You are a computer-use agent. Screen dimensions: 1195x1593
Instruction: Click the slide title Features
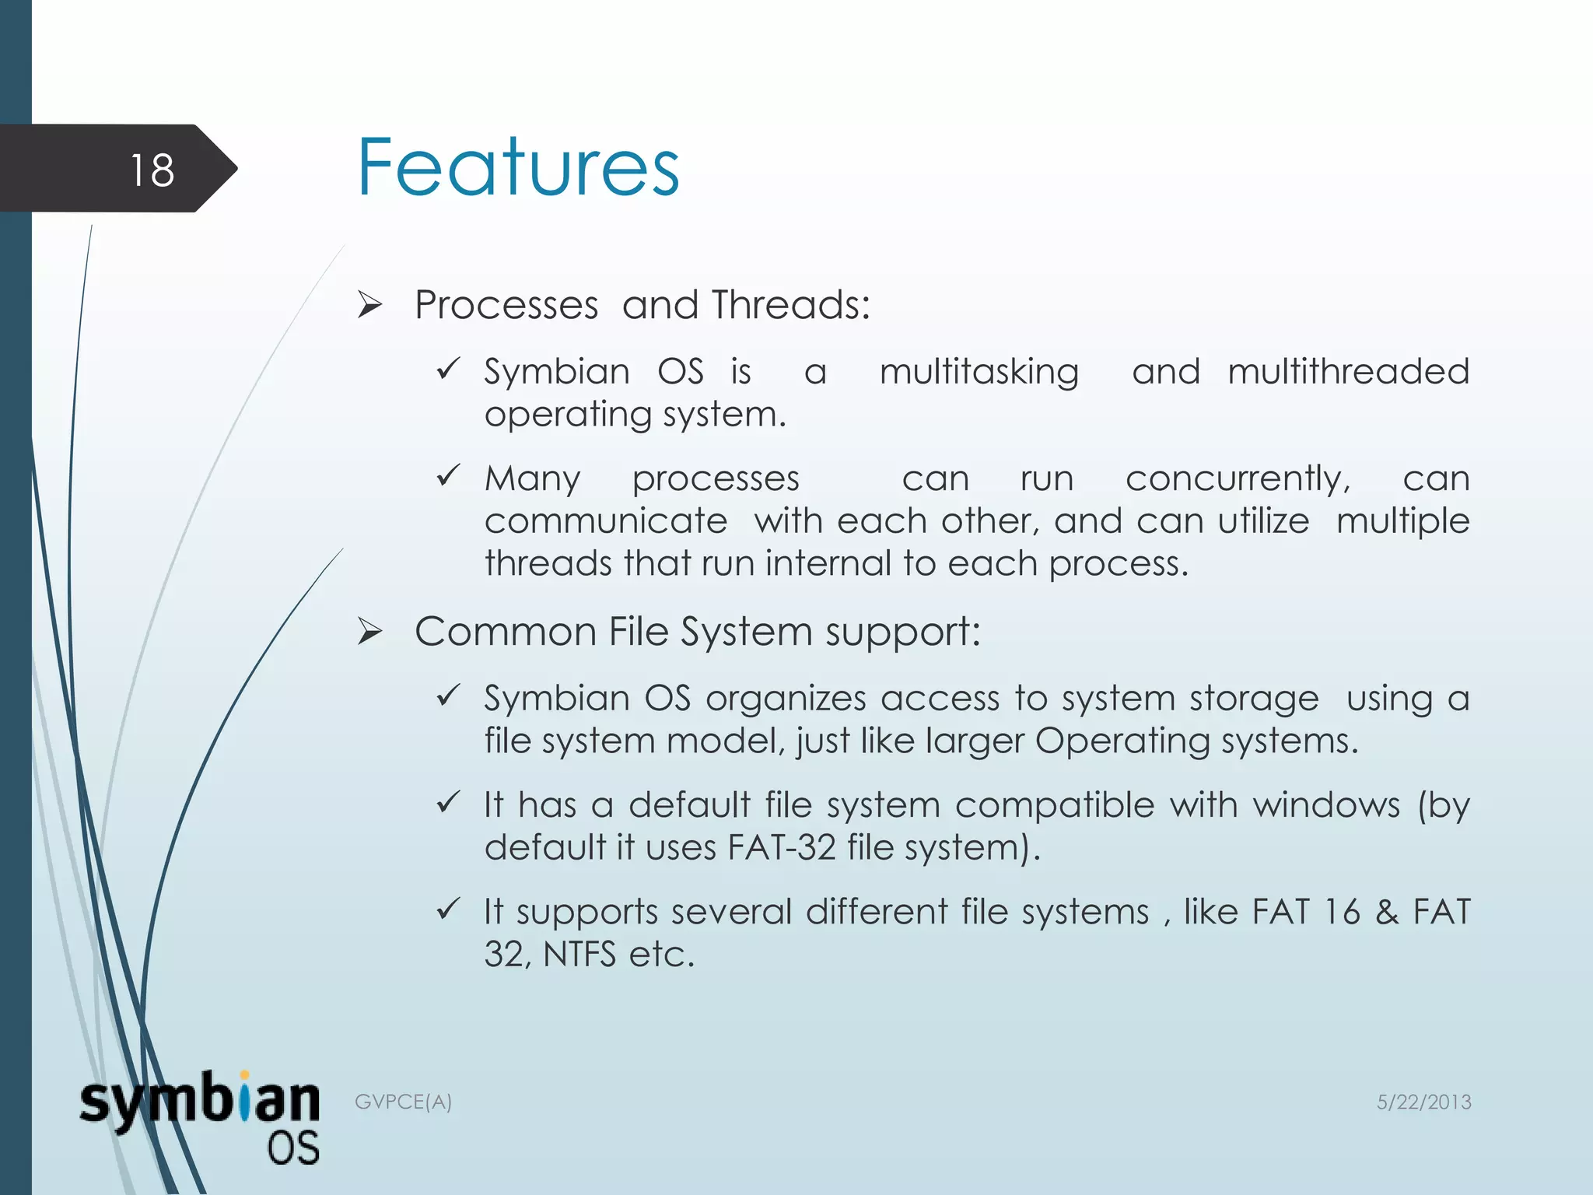coord(518,167)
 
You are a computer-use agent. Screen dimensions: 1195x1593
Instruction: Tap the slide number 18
coord(152,170)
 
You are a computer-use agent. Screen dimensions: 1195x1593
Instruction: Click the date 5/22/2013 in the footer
coord(1423,1102)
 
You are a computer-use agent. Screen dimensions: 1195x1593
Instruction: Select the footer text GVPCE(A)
coord(403,1102)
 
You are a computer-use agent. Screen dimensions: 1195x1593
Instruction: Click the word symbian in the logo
coord(199,1101)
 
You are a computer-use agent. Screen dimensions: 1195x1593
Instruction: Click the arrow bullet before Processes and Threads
coord(369,306)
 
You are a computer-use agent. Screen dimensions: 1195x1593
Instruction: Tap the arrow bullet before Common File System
coord(369,633)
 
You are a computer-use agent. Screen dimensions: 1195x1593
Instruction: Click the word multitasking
coord(979,372)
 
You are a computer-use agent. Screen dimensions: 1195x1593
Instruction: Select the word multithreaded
coord(1348,370)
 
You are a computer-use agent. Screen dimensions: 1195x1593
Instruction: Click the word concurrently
coord(1238,478)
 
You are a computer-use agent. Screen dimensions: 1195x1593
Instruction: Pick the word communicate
coord(605,520)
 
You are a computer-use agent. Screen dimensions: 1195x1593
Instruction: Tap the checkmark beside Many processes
coord(449,475)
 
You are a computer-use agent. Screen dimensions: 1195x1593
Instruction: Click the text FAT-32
coord(781,847)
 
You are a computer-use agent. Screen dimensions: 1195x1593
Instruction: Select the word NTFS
coord(579,955)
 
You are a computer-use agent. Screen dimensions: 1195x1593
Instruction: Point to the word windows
coord(1326,804)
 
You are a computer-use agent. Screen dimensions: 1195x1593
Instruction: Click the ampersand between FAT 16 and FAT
coord(1386,912)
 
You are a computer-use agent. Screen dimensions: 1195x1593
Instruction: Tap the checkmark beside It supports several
coord(449,908)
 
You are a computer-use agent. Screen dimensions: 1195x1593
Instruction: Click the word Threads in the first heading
coord(790,305)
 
